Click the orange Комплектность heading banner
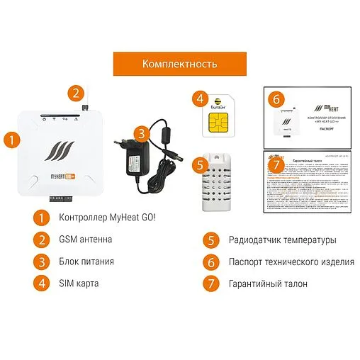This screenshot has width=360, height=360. pos(179,63)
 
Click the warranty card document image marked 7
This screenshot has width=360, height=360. pos(308,181)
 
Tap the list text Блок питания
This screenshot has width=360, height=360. pos(86,261)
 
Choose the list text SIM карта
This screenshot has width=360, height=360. pos(79,283)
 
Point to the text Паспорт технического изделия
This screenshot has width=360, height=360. pos(291,261)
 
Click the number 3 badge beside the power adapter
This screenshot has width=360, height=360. pos(143,133)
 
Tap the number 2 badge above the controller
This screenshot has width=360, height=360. pos(77,93)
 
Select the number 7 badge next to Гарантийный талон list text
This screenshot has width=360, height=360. pos(208,283)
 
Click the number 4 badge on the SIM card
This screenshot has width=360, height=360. pos(201,100)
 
